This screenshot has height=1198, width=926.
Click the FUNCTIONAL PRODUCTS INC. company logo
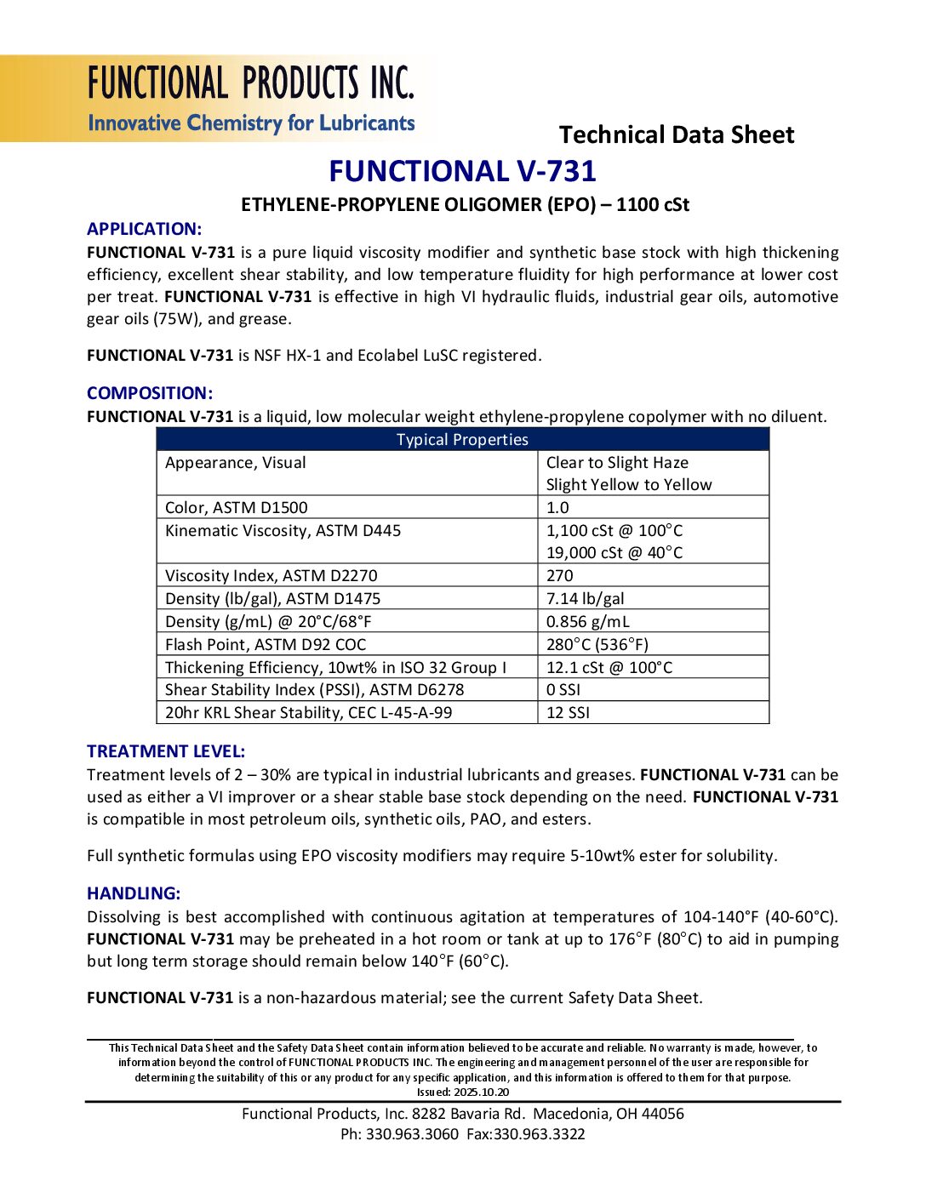point(251,99)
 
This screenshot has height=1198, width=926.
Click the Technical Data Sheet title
point(676,134)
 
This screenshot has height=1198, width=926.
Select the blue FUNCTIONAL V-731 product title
point(462,171)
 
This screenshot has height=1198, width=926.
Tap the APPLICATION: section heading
point(144,229)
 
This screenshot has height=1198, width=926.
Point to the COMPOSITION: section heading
point(149,393)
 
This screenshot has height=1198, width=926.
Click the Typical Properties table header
point(462,440)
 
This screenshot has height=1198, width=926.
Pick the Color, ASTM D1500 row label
point(236,508)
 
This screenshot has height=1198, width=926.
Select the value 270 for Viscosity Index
point(559,576)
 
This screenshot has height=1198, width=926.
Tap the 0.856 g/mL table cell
point(587,622)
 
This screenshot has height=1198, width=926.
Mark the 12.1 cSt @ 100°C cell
point(609,668)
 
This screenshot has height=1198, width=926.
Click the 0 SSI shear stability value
point(563,690)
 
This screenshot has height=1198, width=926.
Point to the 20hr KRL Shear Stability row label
point(308,713)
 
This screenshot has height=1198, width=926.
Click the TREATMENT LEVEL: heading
point(165,751)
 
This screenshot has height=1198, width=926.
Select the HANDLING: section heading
point(134,893)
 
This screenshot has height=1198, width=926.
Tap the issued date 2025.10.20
point(481,1092)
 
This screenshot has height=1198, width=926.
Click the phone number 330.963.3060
point(412,1134)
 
